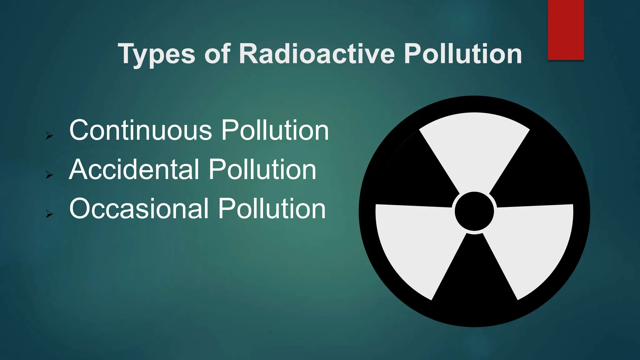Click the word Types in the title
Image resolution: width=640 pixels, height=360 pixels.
point(156,54)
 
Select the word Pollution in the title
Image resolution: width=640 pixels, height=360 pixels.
point(463,53)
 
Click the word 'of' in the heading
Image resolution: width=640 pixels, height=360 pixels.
point(217,53)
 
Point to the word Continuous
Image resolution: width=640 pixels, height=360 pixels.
point(141,130)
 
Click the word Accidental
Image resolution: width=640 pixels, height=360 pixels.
point(134,169)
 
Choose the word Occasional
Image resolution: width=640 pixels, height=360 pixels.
point(139,208)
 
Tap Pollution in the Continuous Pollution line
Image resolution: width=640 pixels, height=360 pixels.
point(275,130)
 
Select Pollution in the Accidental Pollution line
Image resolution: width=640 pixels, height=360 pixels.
point(262,169)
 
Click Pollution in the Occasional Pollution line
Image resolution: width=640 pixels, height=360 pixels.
point(272,208)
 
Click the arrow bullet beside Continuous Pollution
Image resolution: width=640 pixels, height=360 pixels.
point(49,136)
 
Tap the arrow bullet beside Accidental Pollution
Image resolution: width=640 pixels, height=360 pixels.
point(49,175)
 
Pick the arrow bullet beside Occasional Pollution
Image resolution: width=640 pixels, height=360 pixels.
point(49,214)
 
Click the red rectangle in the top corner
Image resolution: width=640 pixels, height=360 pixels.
point(566,30)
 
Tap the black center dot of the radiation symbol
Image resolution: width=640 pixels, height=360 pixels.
point(474,211)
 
